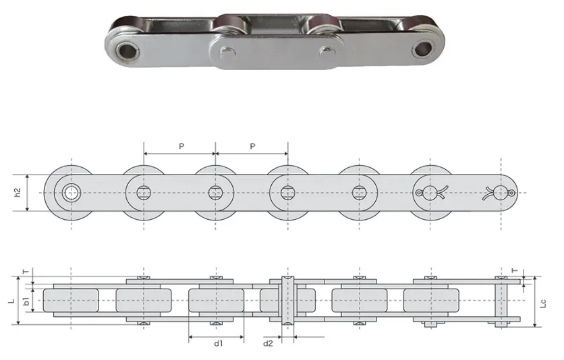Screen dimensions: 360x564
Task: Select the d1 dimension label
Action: (218, 344)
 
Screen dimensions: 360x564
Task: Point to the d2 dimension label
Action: (268, 344)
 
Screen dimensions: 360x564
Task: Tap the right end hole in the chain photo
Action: (425, 47)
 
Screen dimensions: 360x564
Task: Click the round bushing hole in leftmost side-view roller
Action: (70, 193)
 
